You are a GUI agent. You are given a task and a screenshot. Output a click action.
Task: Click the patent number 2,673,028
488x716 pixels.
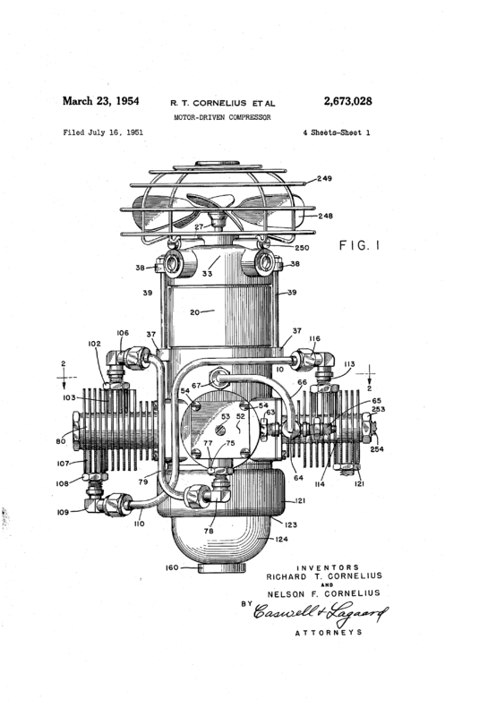347,101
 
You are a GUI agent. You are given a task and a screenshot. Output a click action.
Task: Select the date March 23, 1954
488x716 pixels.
100,101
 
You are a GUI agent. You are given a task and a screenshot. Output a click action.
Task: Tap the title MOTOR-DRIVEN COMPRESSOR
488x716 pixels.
223,117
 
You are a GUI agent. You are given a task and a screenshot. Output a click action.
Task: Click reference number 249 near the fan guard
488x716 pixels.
324,178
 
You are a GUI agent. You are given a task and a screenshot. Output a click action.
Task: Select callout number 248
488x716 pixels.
325,216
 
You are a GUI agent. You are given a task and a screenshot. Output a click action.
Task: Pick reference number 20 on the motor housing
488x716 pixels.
195,312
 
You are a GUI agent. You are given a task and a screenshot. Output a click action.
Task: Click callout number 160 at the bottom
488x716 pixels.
172,567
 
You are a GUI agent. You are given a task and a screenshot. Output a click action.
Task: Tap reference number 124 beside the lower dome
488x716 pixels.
281,540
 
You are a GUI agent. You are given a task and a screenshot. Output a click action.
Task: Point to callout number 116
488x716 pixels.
315,339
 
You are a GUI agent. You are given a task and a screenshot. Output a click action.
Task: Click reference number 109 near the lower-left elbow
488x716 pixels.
63,512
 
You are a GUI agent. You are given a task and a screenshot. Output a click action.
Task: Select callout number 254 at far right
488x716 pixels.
377,449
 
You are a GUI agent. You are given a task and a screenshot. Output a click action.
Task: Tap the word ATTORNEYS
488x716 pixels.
329,633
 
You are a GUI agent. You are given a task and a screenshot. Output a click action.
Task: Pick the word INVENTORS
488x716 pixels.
328,567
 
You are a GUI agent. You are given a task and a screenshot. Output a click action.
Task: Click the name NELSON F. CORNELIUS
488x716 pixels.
323,593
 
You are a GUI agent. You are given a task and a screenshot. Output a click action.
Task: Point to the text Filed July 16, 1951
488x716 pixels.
103,132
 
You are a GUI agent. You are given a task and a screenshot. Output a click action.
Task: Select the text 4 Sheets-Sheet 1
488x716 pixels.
337,132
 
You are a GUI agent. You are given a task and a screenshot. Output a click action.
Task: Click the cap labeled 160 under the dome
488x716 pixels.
221,567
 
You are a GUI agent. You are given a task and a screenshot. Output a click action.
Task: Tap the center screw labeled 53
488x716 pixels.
220,430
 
